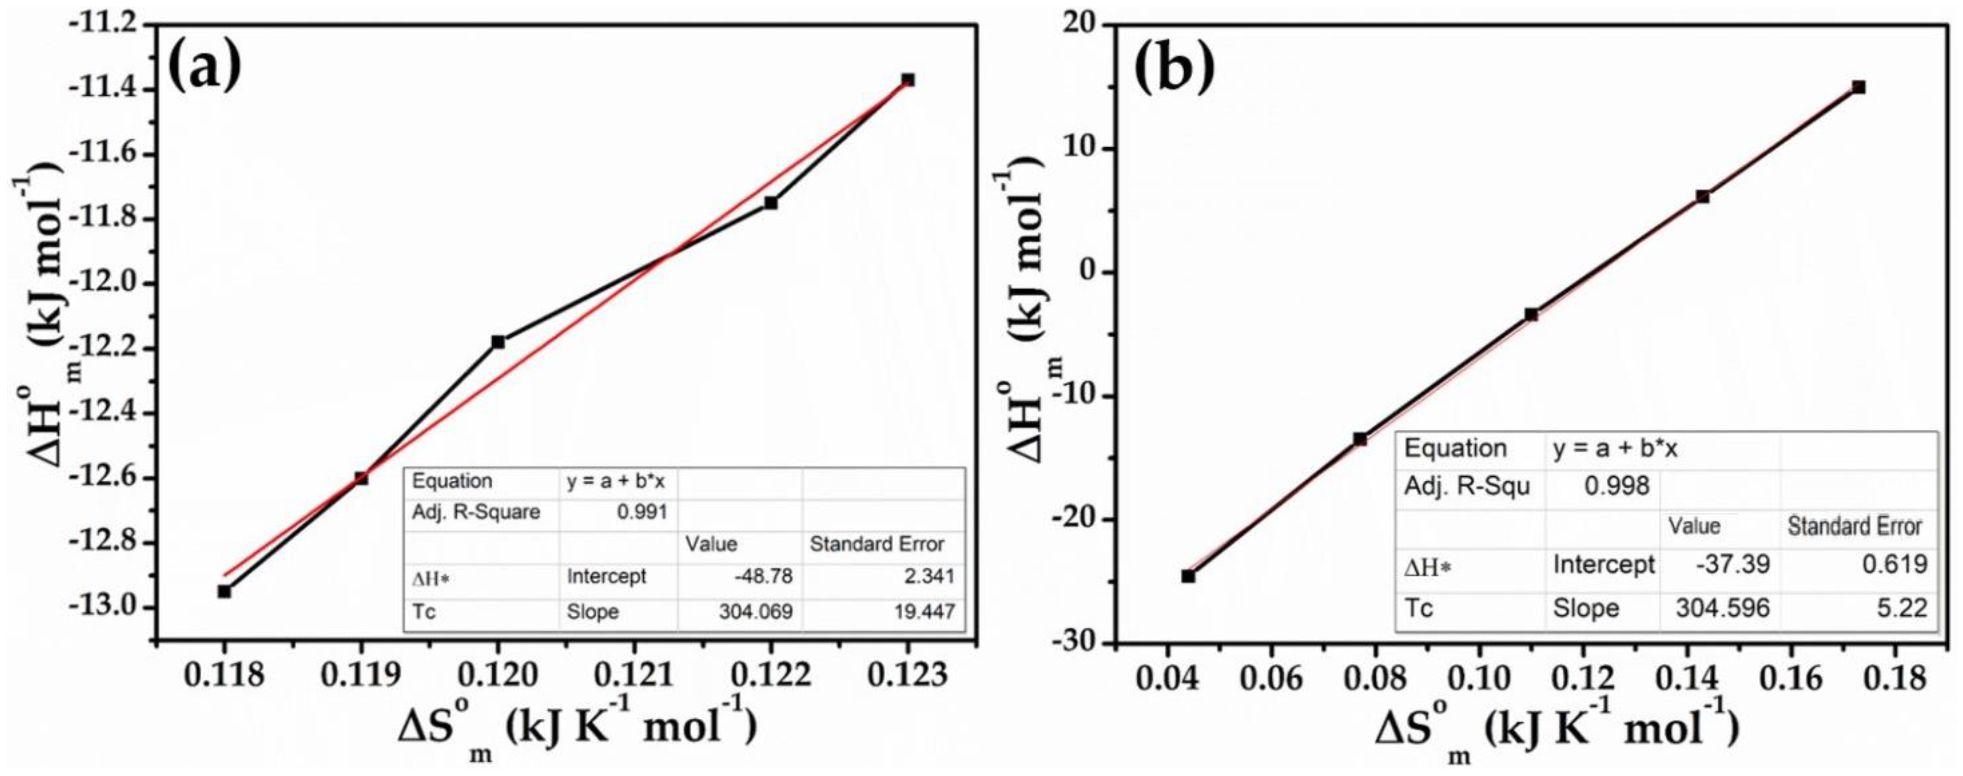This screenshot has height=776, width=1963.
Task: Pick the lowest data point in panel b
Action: pyautogui.click(x=1188, y=576)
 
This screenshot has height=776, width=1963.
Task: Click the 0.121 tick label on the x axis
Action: pyautogui.click(x=634, y=675)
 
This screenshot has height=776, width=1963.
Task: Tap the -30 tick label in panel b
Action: pyautogui.click(x=1077, y=644)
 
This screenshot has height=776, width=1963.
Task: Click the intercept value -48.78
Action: pyautogui.click(x=764, y=576)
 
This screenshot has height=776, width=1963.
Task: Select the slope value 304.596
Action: pyautogui.click(x=1722, y=608)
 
